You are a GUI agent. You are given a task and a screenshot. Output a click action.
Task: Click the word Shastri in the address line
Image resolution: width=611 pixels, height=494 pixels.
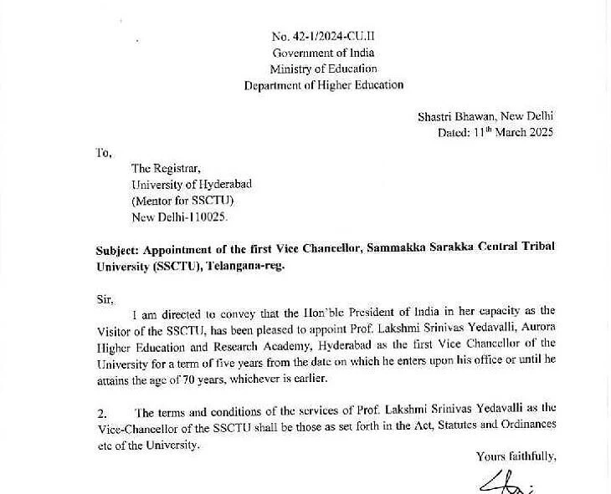pyautogui.click(x=438, y=116)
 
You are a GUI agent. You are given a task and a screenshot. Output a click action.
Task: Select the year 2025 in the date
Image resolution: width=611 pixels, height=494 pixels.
pyautogui.click(x=539, y=132)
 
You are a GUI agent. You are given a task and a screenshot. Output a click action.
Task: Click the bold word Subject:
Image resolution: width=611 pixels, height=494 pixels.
pyautogui.click(x=117, y=249)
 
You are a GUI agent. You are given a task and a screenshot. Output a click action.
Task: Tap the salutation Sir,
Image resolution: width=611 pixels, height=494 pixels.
pyautogui.click(x=105, y=298)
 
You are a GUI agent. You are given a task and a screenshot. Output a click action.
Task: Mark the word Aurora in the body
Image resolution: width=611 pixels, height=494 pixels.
pyautogui.click(x=538, y=329)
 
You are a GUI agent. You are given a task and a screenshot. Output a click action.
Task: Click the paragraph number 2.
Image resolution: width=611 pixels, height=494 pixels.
pyautogui.click(x=101, y=412)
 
